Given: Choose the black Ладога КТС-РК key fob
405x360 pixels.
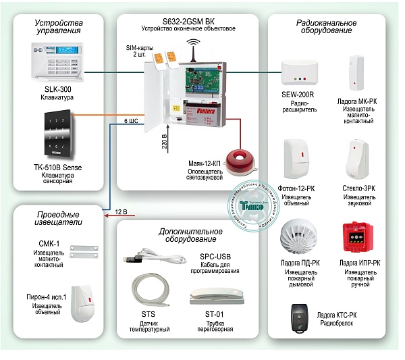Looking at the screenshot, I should pos(299,317).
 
